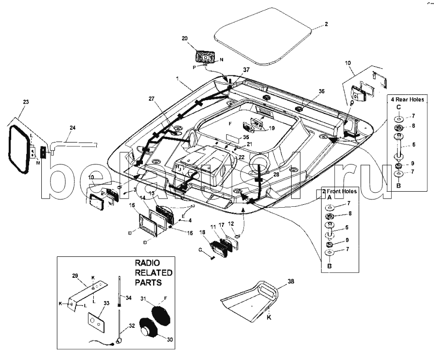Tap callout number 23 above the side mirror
click(x=26, y=102)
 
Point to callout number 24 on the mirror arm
click(x=72, y=128)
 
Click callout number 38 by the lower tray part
click(x=291, y=281)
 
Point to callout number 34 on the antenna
click(x=129, y=297)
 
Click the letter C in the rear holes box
click(x=398, y=107)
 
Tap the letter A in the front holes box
click(x=329, y=198)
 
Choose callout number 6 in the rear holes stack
click(x=413, y=144)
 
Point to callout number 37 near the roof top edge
click(x=246, y=70)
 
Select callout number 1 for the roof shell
click(x=178, y=78)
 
